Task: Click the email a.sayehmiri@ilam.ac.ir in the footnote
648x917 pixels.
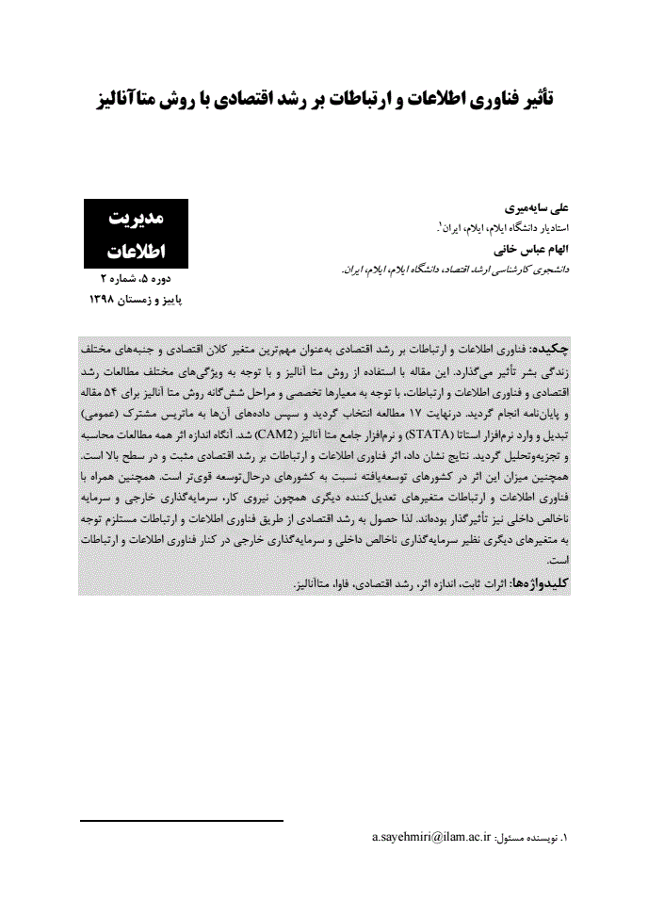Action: [432, 836]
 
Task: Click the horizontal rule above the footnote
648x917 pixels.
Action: [181, 821]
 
